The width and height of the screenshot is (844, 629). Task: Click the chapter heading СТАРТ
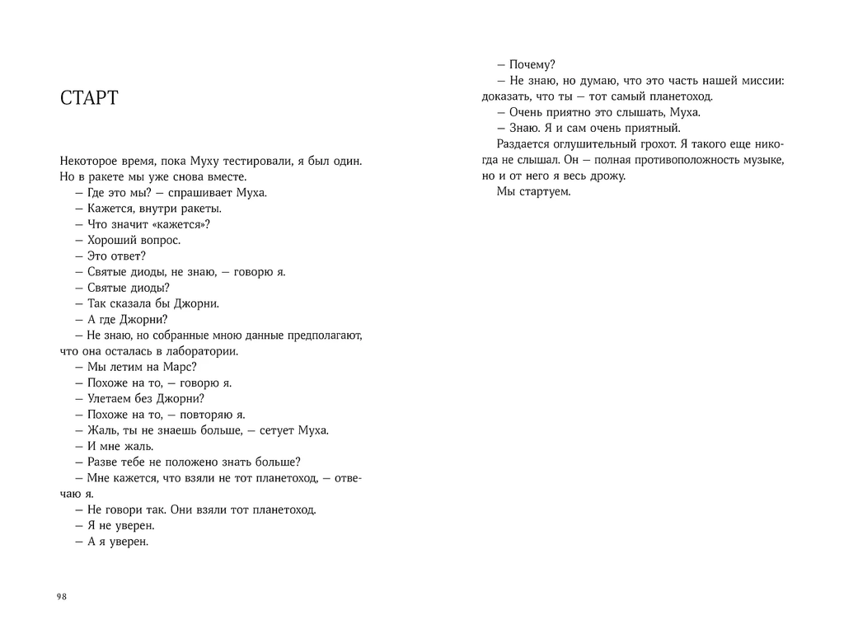(x=90, y=100)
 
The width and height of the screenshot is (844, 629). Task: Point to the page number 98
(x=61, y=597)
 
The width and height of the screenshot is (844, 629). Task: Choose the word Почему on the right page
(x=532, y=65)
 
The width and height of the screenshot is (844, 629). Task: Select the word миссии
(x=760, y=81)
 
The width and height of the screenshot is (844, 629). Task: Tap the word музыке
(x=757, y=160)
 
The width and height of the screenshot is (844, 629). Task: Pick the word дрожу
(x=608, y=176)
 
